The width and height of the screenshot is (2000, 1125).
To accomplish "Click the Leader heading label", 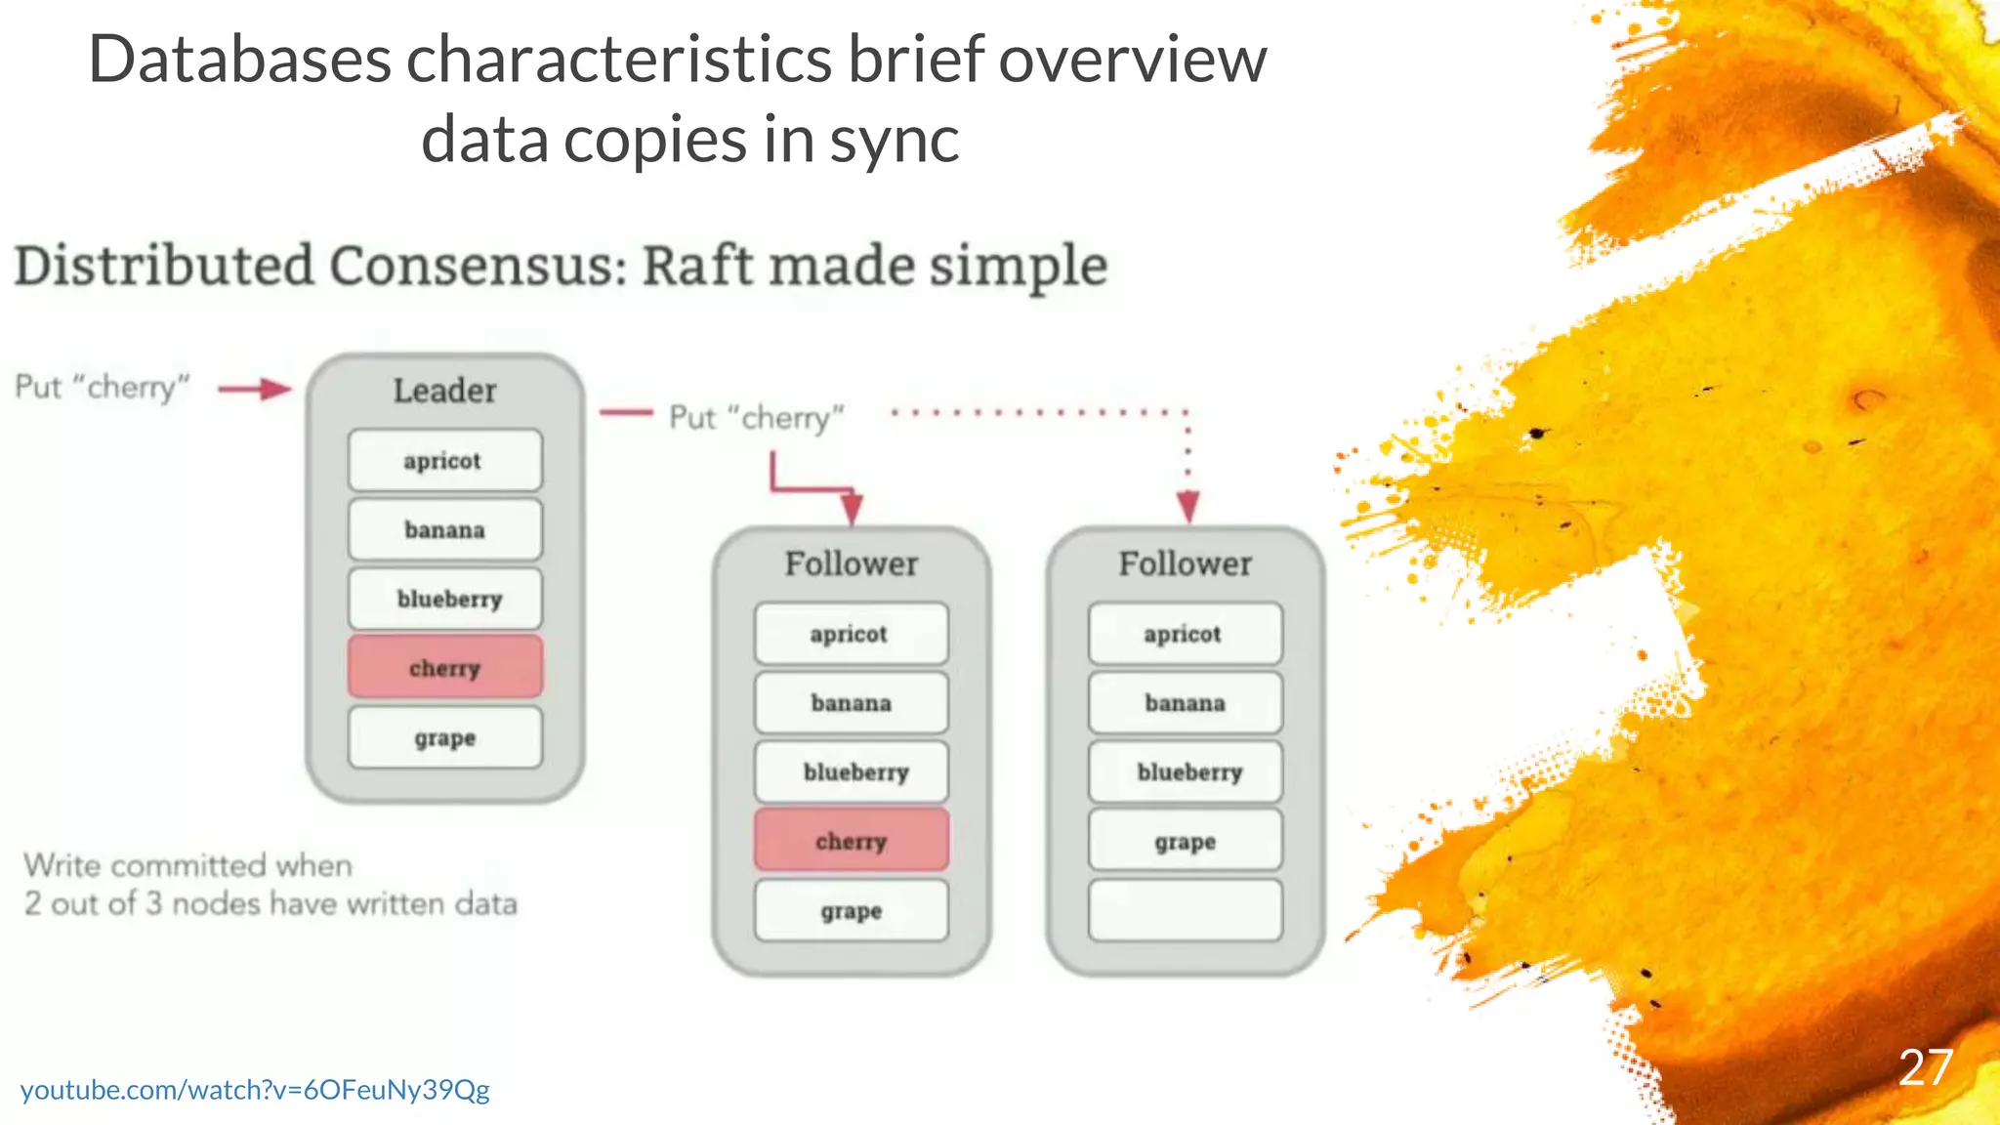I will coord(444,391).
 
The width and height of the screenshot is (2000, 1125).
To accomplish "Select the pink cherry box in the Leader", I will coord(444,667).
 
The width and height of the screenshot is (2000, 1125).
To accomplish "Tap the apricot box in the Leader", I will coord(444,460).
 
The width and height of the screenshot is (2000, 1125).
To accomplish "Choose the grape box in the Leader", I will coord(444,737).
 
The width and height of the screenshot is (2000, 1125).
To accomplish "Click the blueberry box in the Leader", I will coord(444,599).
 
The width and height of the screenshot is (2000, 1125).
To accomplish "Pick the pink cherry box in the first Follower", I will coord(851,840).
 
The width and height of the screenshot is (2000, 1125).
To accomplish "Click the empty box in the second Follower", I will coord(1185,910).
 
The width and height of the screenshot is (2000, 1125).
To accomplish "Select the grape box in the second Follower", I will coord(1185,841).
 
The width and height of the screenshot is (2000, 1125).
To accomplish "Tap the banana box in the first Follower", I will coord(851,702).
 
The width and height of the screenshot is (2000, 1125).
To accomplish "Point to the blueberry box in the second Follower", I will coord(1185,771).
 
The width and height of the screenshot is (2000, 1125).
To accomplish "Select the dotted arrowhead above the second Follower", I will coord(1187,506).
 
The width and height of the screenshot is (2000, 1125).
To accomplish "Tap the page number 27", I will coord(1925,1067).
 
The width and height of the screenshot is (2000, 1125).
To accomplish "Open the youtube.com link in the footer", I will coord(255,1089).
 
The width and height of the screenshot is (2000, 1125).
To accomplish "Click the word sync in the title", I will coord(895,140).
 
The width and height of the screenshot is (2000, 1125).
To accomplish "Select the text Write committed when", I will coord(188,865).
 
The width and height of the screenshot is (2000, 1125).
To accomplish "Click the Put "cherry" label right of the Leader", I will coord(756,418).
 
